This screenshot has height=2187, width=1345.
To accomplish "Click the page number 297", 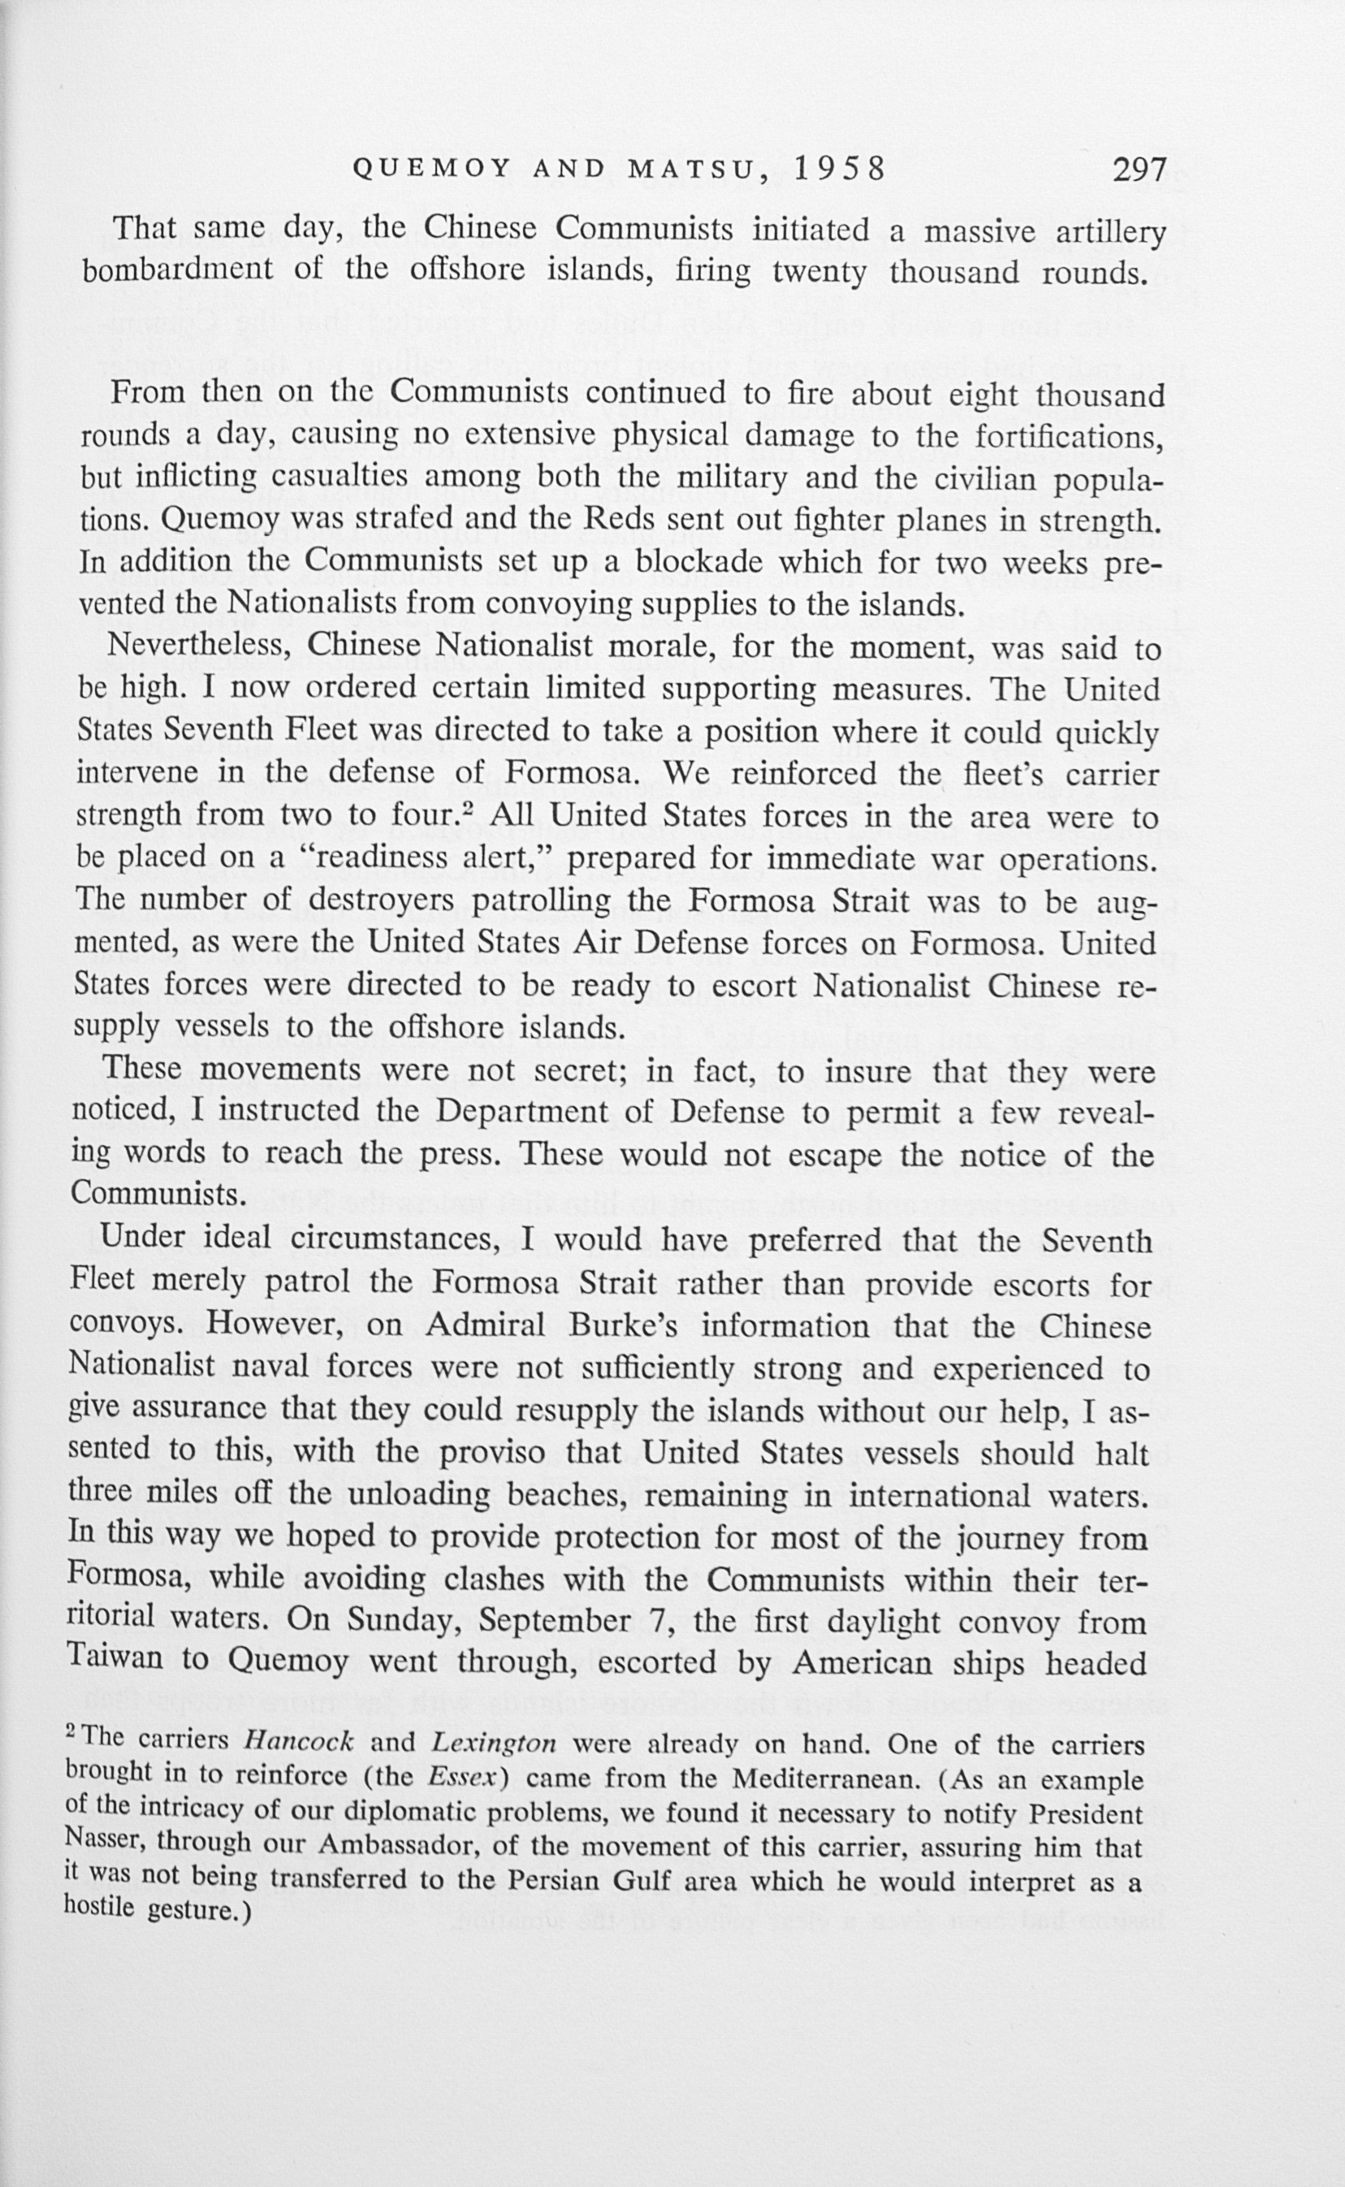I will [x=1139, y=168].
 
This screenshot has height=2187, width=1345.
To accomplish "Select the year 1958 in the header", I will [x=840, y=168].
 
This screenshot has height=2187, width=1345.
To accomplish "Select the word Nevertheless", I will [x=199, y=646].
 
